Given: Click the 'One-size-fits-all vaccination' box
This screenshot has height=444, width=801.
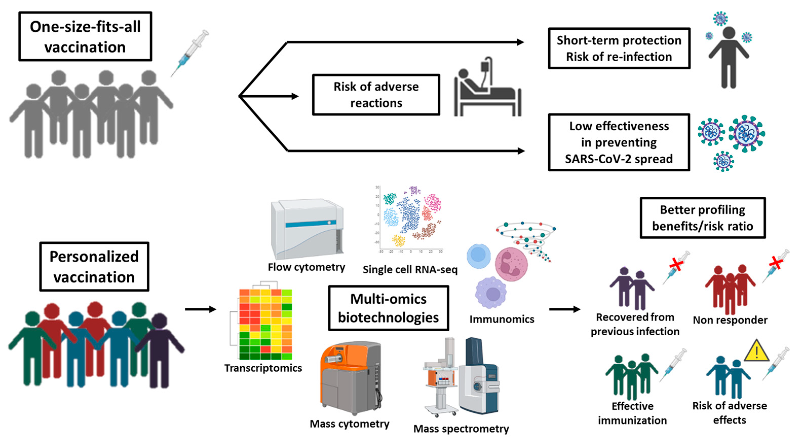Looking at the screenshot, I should tap(85, 36).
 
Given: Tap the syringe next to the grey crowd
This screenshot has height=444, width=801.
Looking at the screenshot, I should tap(190, 53).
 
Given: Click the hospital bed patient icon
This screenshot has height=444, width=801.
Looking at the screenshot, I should tap(487, 89).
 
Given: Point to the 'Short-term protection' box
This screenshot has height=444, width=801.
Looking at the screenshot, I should tap(618, 48).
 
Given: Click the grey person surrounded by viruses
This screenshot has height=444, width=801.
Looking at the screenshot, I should tap(729, 59).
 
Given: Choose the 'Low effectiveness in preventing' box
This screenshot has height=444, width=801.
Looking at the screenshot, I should tap(618, 142).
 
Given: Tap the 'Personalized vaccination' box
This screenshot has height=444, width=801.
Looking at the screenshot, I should tap(94, 266).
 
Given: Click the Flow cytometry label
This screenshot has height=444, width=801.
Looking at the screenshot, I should tap(306, 267).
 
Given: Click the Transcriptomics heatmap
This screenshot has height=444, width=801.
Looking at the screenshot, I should tap(265, 324).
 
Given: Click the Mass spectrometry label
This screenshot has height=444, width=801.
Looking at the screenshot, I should tap(461, 429).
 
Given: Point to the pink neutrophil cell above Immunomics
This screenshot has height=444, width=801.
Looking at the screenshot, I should tap(511, 264).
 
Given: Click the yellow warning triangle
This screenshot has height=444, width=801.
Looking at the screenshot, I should tap(756, 351).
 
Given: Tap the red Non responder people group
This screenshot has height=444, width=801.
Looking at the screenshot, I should tap(730, 288).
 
